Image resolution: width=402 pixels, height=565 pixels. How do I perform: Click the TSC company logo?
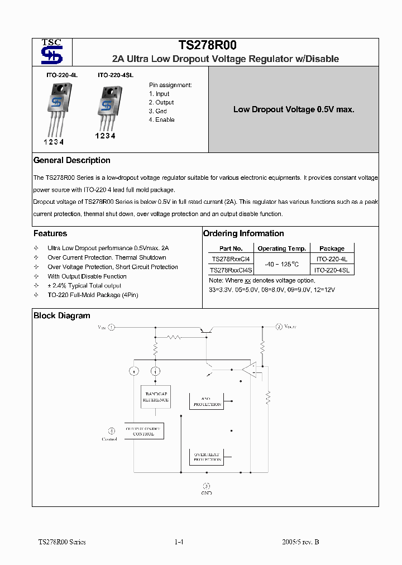point(52,52)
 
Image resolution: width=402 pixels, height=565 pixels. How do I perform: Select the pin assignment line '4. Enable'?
point(161,120)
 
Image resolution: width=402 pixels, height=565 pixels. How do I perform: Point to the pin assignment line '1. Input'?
point(159,94)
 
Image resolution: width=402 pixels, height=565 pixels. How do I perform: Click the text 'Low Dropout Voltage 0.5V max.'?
point(294,109)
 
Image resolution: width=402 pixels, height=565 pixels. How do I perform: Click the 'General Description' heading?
point(72,160)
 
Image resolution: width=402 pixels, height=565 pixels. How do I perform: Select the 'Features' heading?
point(50,233)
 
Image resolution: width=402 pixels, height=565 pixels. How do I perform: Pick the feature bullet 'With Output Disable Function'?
point(87,276)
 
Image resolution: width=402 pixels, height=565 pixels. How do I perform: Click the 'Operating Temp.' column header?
point(281,248)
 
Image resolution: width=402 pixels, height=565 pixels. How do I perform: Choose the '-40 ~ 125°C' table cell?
point(281,264)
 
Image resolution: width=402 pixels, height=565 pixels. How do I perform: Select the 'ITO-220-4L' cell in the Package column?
point(332,259)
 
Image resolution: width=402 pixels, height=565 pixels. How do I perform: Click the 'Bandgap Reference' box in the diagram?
point(156,397)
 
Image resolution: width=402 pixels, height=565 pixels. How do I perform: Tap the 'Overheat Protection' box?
point(207,457)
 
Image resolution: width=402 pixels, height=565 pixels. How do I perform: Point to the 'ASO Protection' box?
point(207,402)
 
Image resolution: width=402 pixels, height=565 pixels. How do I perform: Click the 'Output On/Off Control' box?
point(143,431)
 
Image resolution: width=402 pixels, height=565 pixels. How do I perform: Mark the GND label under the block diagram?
point(206,493)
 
